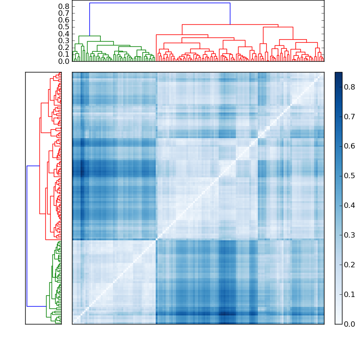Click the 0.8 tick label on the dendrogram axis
[64, 6]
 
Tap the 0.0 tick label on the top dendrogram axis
[64, 61]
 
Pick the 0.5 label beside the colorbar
[350, 175]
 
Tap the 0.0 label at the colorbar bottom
[350, 324]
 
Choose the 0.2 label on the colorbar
[350, 265]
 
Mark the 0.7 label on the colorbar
[350, 117]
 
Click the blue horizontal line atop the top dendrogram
[160, 3]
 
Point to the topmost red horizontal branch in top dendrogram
[230, 24]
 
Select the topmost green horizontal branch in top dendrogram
[90, 36]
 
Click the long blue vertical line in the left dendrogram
[27, 236]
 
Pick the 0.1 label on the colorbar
[350, 294]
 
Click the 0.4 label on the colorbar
[350, 205]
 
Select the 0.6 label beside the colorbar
[350, 146]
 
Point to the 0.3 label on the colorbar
[350, 235]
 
